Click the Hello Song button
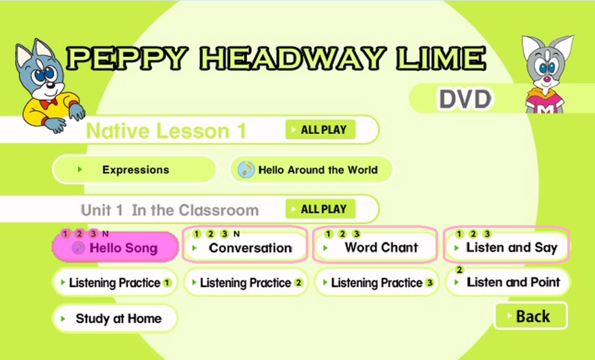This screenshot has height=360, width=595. pyautogui.click(x=116, y=247)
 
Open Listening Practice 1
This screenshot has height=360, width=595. pyautogui.click(x=116, y=283)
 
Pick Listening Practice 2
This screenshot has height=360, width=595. pyautogui.click(x=246, y=283)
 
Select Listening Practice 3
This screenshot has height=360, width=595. pyautogui.click(x=377, y=283)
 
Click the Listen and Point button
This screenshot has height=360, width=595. pyautogui.click(x=508, y=282)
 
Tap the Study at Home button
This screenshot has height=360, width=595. pyautogui.click(x=116, y=318)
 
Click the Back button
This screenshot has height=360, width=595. pyautogui.click(x=531, y=316)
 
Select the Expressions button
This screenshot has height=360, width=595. pyautogui.click(x=134, y=170)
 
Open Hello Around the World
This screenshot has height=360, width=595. pyautogui.click(x=311, y=170)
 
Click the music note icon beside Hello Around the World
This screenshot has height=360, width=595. pyautogui.click(x=246, y=170)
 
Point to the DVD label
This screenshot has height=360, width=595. pyautogui.click(x=465, y=99)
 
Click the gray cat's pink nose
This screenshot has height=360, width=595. pyautogui.click(x=546, y=79)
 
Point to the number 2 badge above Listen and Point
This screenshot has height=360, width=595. pyautogui.click(x=459, y=270)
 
